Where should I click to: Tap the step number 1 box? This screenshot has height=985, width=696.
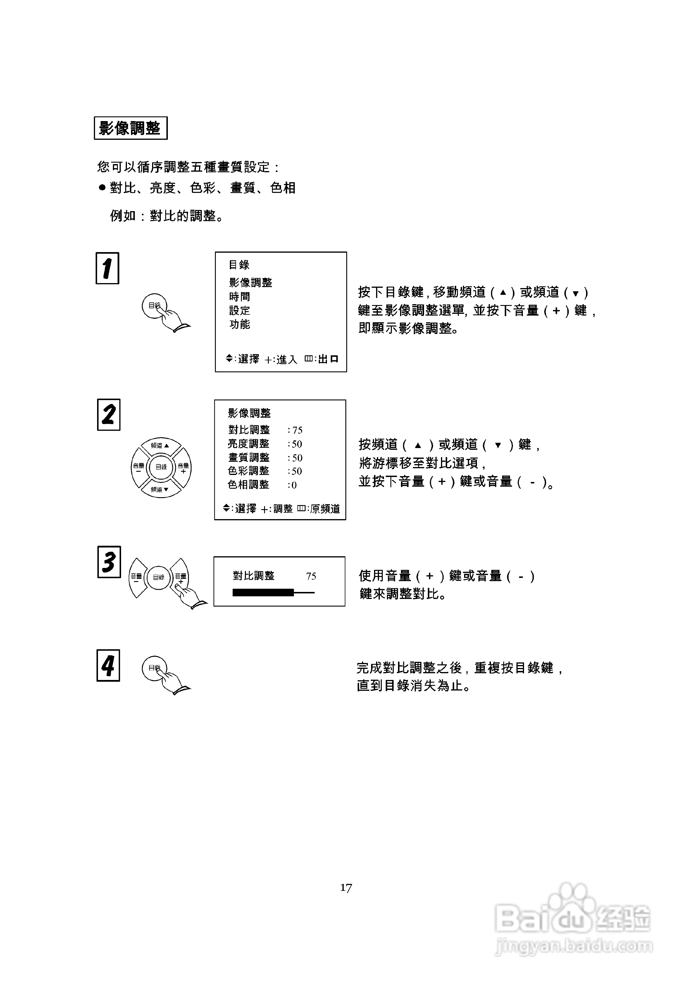click(x=107, y=268)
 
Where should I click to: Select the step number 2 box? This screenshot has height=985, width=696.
click(x=108, y=415)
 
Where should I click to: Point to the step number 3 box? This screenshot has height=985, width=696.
click(x=109, y=562)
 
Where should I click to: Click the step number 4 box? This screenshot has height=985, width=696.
click(x=108, y=665)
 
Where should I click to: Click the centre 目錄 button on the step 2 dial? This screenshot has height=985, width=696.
click(x=161, y=467)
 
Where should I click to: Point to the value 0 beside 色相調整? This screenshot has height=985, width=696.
click(x=294, y=485)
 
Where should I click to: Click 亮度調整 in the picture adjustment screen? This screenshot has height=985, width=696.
click(x=249, y=444)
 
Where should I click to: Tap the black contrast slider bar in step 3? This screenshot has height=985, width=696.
click(x=263, y=593)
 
